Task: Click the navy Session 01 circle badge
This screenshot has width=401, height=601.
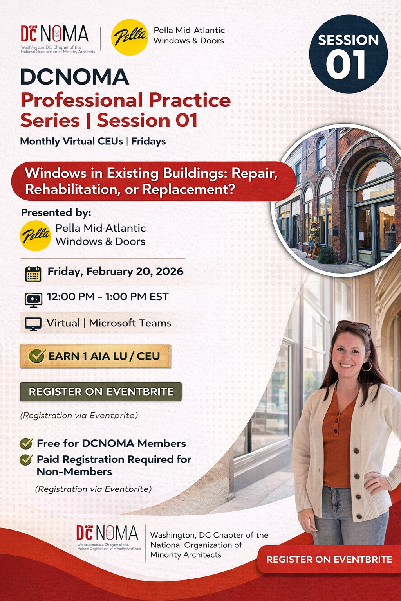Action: point(348,54)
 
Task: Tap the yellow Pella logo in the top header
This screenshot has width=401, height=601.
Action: point(130,37)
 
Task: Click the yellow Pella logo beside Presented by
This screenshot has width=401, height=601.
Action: point(35,236)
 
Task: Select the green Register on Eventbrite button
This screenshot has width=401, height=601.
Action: point(101,392)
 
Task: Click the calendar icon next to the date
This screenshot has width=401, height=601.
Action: point(33,274)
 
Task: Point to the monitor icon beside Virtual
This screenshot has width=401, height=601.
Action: point(33,324)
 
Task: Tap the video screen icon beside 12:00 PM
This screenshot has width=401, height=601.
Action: point(33,299)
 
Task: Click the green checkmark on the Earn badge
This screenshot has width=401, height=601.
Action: point(37,356)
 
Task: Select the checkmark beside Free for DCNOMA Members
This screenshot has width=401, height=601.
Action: point(26,443)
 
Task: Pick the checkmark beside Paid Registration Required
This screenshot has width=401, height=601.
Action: point(26,459)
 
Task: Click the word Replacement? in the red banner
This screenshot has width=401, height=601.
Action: point(189,189)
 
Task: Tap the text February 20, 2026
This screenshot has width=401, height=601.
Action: point(135,272)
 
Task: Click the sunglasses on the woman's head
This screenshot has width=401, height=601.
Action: point(354,326)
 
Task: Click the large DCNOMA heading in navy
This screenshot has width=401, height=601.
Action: point(74,77)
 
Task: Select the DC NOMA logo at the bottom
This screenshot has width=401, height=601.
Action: point(107,537)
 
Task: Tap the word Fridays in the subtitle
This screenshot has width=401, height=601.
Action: point(148,141)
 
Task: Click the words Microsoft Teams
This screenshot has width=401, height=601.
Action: point(130,323)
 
